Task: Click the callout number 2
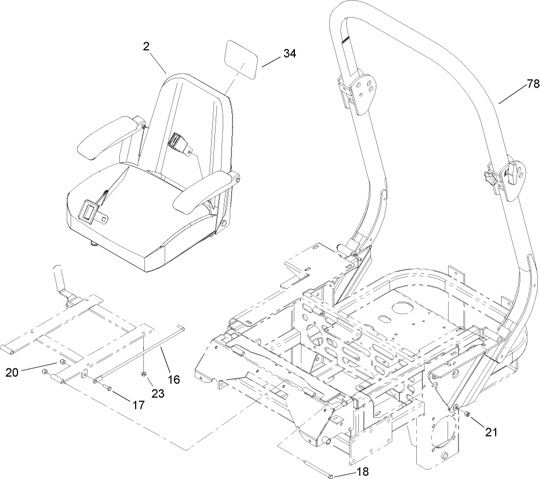(x=147, y=47)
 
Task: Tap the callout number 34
(x=291, y=54)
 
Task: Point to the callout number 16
(x=173, y=378)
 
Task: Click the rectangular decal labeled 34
(x=242, y=63)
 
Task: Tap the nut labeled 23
(x=143, y=373)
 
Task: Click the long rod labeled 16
(x=142, y=354)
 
